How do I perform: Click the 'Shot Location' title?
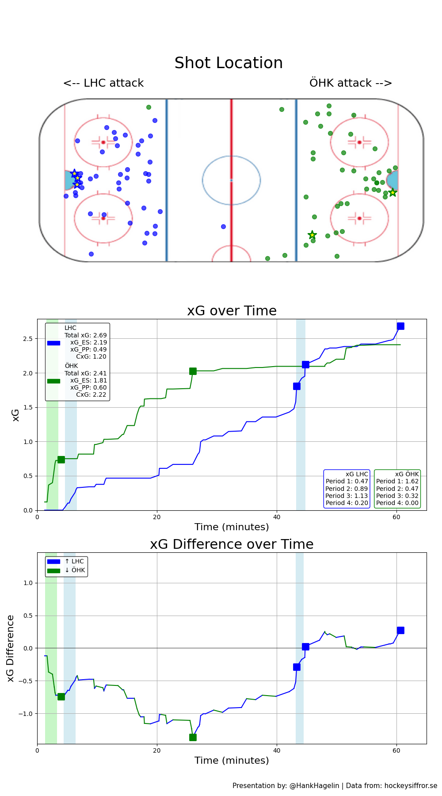[229, 63]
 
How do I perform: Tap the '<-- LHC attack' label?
[103, 83]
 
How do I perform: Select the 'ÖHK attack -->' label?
[351, 83]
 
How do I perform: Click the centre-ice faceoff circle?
[231, 180]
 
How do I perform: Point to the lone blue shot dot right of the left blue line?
[223, 226]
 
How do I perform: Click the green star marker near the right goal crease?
[392, 192]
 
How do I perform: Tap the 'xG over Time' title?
[232, 311]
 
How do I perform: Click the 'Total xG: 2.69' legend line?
[86, 335]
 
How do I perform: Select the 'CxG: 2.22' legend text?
[91, 394]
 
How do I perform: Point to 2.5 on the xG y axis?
[28, 339]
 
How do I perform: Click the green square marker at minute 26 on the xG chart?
[193, 371]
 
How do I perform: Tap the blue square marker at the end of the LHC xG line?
[400, 326]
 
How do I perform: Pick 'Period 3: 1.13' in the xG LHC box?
[347, 496]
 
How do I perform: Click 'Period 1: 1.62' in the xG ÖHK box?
[397, 481]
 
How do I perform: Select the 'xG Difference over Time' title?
[232, 544]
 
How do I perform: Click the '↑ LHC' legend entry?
[74, 561]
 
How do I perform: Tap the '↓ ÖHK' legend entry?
[74, 570]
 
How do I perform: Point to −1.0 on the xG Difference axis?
[26, 714]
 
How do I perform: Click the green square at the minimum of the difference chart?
[193, 737]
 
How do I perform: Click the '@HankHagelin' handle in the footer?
[314, 786]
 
